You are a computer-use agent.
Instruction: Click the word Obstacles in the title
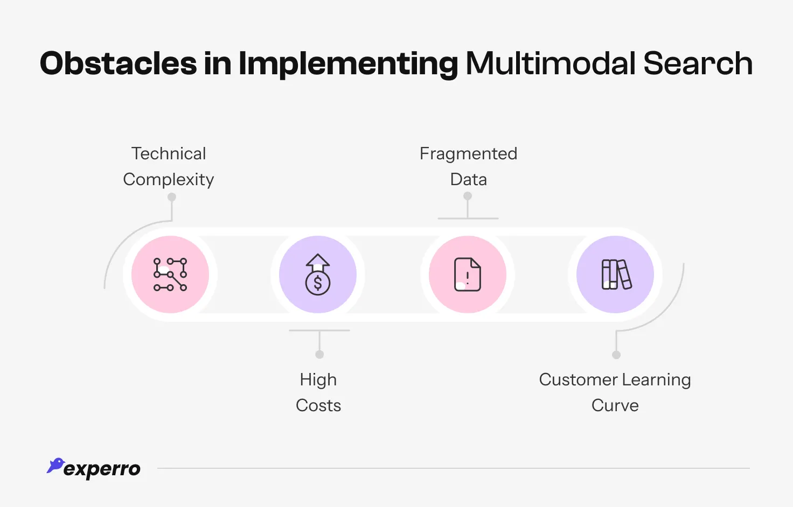point(118,64)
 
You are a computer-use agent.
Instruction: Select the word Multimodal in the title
point(551,64)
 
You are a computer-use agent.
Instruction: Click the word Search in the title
point(698,64)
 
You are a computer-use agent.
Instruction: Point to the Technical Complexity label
point(169,166)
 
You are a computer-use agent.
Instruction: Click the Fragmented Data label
point(468,166)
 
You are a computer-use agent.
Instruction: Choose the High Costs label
point(318,392)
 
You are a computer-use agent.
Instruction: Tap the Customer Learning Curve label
point(615,392)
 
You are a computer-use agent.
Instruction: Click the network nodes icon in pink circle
point(170,274)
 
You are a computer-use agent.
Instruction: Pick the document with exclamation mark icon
point(467,274)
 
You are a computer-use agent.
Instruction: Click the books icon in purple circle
point(616,274)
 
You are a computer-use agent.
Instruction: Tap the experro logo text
point(102,469)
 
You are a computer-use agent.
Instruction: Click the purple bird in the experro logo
point(55,466)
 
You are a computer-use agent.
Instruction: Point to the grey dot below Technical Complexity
point(172,197)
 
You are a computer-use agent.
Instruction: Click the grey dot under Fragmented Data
point(468,196)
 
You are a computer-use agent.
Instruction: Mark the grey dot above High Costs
point(319,354)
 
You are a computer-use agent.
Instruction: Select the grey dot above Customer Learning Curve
point(616,355)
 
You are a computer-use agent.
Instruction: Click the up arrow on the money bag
point(318,262)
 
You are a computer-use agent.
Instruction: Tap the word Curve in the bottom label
point(615,405)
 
